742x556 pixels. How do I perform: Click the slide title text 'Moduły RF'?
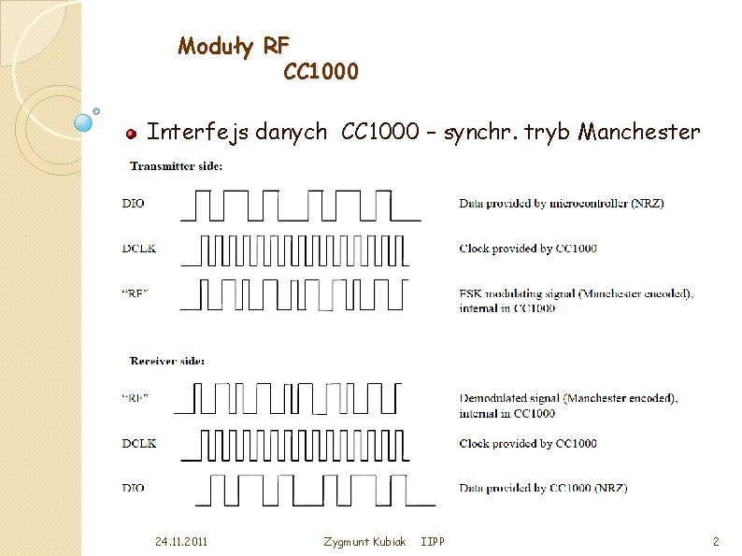pos(234,45)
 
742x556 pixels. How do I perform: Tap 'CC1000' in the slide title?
pos(321,71)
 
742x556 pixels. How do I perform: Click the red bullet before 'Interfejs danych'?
pos(132,134)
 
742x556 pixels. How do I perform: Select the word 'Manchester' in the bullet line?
pos(638,132)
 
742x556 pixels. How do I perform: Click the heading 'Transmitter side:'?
pos(176,165)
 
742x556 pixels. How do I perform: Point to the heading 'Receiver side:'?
pos(168,360)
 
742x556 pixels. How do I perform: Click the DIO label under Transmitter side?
pos(134,203)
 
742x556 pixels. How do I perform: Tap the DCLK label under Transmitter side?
pos(138,248)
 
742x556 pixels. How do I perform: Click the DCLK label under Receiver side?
pos(138,443)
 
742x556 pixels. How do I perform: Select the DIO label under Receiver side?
pos(134,488)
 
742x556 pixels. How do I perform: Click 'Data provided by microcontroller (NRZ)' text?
pos(561,203)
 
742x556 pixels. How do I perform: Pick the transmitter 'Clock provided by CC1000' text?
pos(528,248)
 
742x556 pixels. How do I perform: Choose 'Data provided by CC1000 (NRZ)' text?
pos(543,488)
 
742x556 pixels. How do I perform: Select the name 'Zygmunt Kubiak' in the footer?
pos(364,541)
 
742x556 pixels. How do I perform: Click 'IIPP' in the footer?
pos(433,541)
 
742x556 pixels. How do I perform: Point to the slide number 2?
pos(715,541)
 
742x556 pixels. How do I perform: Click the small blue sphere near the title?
pos(83,121)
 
